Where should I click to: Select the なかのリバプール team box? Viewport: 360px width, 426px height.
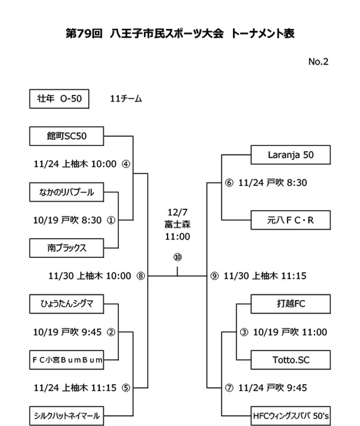(67, 192)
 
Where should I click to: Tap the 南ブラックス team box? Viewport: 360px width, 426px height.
(67, 247)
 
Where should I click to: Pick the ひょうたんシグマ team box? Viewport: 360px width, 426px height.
(67, 303)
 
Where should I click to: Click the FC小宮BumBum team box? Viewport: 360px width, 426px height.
(67, 358)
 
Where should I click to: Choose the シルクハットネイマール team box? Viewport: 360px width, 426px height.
(67, 414)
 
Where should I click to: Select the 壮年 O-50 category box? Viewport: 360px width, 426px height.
(59, 99)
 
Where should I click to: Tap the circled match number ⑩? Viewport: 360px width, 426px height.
(177, 257)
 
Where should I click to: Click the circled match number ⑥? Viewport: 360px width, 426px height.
(230, 183)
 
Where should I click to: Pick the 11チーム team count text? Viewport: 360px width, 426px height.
(126, 99)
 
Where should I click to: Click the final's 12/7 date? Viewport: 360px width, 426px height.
(177, 211)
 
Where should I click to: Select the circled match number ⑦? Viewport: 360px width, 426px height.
(230, 388)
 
